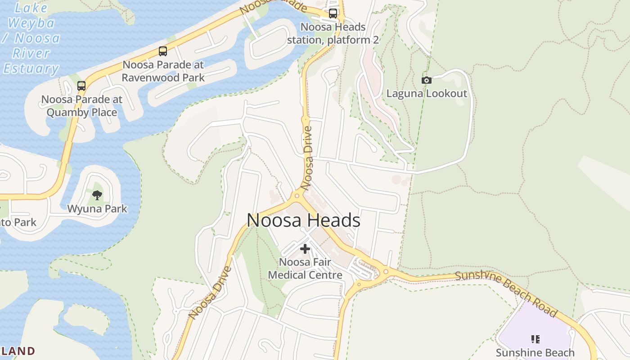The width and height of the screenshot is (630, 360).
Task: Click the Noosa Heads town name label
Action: click(x=303, y=220)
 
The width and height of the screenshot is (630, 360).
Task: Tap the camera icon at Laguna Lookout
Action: click(x=426, y=80)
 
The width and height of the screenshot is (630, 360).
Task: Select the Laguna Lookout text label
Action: click(x=427, y=94)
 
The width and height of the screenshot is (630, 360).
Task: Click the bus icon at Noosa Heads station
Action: click(x=333, y=13)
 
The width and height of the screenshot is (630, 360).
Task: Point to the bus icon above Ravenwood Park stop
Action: click(x=163, y=51)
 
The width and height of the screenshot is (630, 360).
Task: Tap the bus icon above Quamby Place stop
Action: click(x=81, y=85)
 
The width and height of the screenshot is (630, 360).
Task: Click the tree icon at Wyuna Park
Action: click(x=97, y=195)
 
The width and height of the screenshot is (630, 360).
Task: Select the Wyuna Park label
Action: click(x=97, y=209)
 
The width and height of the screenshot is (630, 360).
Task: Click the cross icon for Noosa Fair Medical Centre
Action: click(x=305, y=248)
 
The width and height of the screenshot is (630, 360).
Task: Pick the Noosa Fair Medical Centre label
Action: click(x=305, y=269)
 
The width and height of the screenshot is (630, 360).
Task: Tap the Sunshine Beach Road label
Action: click(x=506, y=293)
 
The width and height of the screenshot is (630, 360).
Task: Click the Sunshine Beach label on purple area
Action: click(x=535, y=352)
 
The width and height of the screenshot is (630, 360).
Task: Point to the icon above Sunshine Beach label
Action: click(x=535, y=339)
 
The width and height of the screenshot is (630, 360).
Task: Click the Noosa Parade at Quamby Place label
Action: click(x=82, y=106)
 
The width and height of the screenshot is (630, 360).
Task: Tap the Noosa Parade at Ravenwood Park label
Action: click(x=163, y=71)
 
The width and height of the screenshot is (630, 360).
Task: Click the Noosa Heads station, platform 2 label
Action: click(x=333, y=34)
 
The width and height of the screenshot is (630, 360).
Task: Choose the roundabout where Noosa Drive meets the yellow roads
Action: click(x=297, y=196)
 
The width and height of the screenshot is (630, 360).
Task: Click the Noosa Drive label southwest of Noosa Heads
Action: click(x=210, y=292)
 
